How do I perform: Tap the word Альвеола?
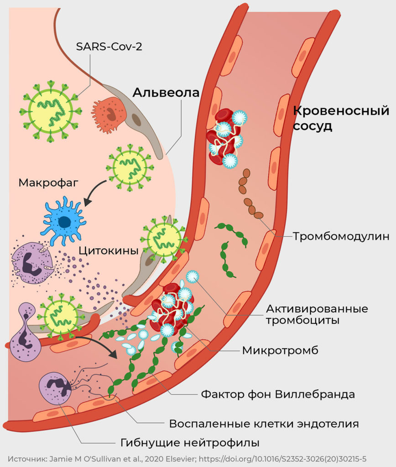point(166,93)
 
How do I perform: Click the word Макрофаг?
point(49,183)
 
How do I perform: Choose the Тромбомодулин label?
point(341,236)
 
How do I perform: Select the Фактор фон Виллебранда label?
point(278,394)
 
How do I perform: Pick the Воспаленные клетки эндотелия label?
point(264,423)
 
